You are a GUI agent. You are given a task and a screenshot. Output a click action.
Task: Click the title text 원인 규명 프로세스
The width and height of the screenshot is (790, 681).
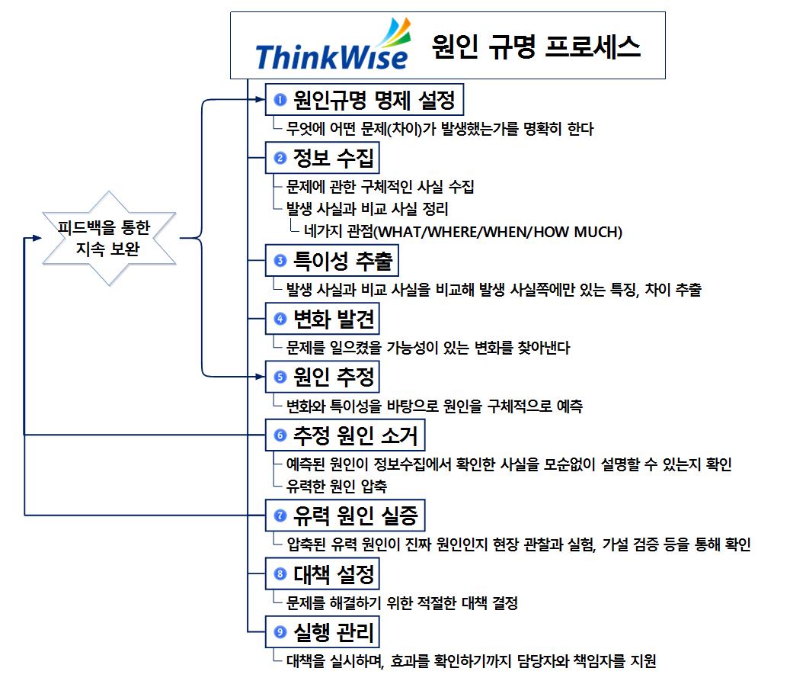pos(536,47)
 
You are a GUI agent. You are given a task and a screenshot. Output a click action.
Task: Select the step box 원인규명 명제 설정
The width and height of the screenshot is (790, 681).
pos(364,99)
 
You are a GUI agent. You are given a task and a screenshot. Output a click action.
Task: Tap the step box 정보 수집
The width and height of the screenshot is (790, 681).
pos(322,158)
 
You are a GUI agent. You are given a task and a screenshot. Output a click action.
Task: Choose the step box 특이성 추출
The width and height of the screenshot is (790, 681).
pos(331,262)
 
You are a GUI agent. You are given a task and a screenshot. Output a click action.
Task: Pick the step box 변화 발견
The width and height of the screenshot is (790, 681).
pos(321,320)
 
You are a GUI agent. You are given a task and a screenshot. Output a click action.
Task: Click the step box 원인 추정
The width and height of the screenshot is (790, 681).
pos(321,377)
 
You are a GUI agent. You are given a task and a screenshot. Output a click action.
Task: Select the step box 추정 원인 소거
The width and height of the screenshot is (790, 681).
pos(344,435)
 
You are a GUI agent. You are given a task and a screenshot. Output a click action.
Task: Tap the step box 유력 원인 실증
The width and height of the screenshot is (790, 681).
pos(344,516)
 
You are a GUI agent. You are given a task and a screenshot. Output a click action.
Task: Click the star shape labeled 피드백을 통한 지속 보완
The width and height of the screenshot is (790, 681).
pos(110,238)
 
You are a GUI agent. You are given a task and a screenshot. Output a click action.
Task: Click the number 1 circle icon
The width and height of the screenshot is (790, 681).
pos(280,99)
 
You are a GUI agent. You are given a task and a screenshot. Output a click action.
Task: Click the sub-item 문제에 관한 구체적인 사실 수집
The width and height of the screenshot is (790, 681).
pos(380,187)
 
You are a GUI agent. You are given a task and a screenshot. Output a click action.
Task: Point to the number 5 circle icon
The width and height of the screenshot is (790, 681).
pos(280,377)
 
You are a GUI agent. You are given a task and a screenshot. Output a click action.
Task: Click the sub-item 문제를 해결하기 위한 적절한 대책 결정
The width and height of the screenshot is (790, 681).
pos(401,603)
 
